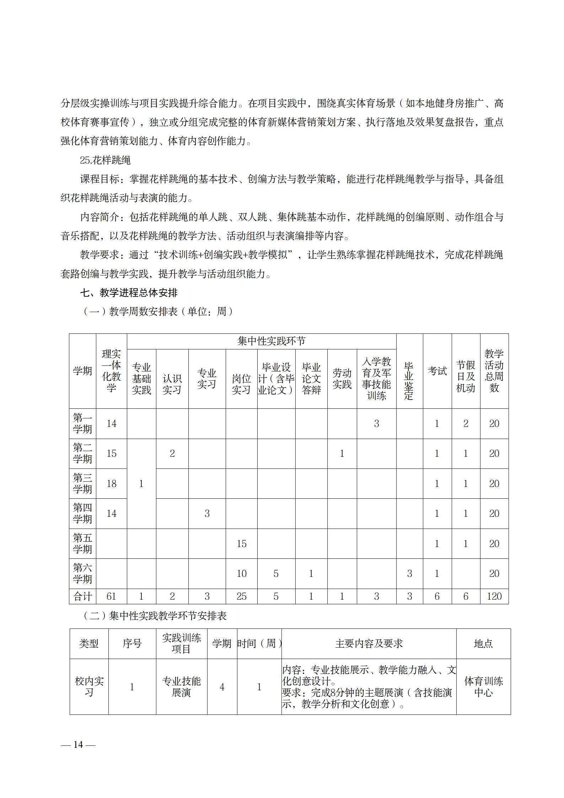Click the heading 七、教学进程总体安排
tap(129, 293)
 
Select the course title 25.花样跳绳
tap(105, 160)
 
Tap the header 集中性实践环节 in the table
tap(271, 341)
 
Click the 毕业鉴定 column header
tap(409, 380)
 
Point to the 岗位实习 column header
tap(241, 384)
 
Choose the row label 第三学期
tap(82, 483)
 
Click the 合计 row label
tap(82, 596)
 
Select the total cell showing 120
tap(494, 596)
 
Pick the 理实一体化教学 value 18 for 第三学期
tap(112, 483)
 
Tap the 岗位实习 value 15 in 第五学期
tap(241, 543)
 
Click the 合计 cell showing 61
tap(112, 596)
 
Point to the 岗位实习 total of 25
tap(241, 596)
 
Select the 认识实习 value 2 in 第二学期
tap(172, 454)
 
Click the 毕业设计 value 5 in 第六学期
tap(276, 574)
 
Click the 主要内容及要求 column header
tap(369, 643)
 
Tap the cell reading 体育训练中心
tap(483, 687)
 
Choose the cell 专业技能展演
tap(181, 687)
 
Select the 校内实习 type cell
tap(89, 687)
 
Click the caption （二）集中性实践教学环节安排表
tap(155, 616)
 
